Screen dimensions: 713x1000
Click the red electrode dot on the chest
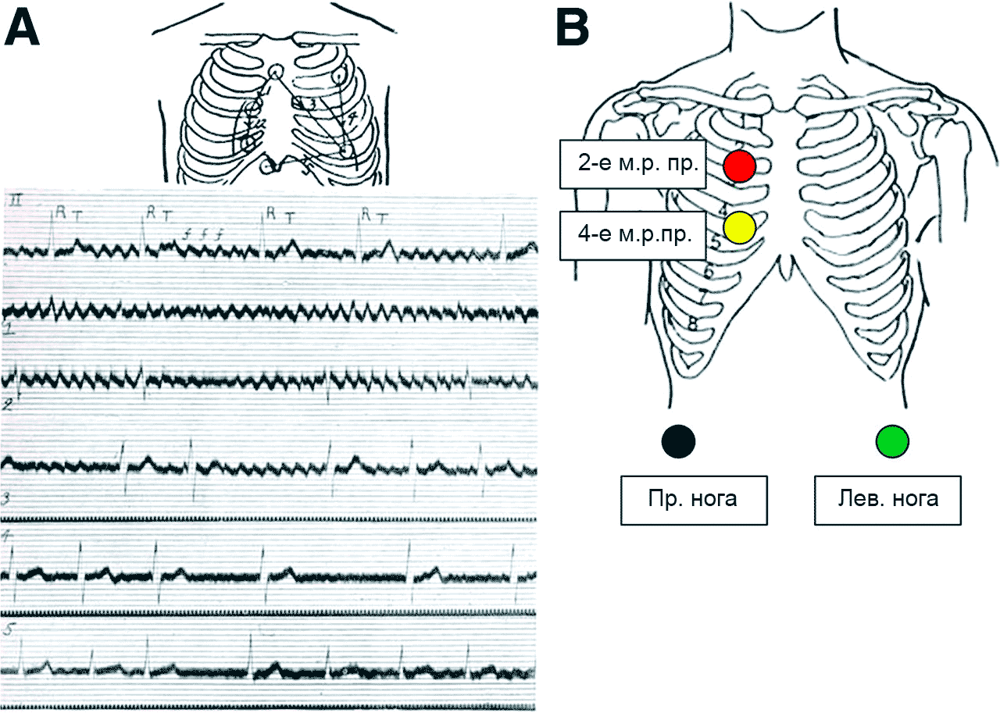pos(738,166)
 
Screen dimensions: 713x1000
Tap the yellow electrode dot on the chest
pos(738,227)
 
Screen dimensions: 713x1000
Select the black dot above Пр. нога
pos(677,440)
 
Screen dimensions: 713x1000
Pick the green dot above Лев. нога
pos(891,440)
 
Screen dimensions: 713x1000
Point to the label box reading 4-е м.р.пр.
pos(629,234)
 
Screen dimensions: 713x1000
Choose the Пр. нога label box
pos(693,500)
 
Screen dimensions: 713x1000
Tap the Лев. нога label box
pos(887,500)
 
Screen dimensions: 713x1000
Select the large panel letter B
pos(572,28)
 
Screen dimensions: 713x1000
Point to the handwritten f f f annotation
pos(203,231)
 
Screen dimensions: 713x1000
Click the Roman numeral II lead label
pos(14,202)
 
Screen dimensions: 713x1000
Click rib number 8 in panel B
pos(693,323)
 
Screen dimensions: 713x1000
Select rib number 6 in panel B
pos(709,272)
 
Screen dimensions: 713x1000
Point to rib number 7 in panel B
pos(702,297)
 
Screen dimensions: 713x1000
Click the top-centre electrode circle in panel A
pos(275,72)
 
